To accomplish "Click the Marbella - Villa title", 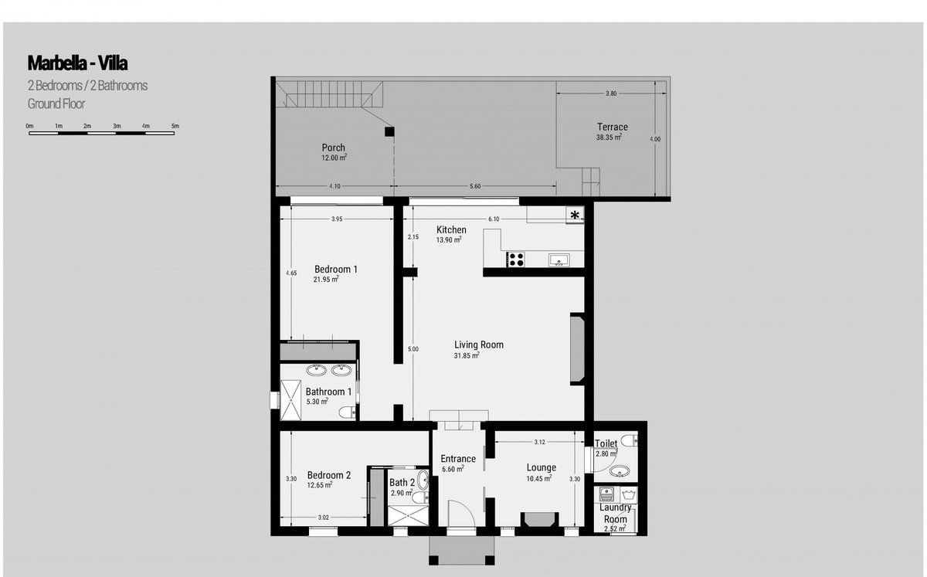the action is pyautogui.click(x=77, y=63).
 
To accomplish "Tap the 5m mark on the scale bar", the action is pyautogui.click(x=175, y=126).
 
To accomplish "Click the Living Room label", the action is pyautogui.click(x=479, y=345).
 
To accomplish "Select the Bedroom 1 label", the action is pyautogui.click(x=335, y=269).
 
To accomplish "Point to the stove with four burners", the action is pyautogui.click(x=516, y=260).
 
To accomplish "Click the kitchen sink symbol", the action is pyautogui.click(x=559, y=260).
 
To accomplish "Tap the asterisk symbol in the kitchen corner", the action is pyautogui.click(x=575, y=215).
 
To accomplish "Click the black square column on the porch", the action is pyautogui.click(x=389, y=131).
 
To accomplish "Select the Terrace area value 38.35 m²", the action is pyautogui.click(x=609, y=137).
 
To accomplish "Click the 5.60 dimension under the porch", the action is pyautogui.click(x=475, y=186).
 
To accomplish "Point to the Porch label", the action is pyautogui.click(x=333, y=148).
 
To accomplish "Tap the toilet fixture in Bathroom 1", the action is pyautogui.click(x=347, y=412).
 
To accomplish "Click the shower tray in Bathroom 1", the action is pyautogui.click(x=291, y=400).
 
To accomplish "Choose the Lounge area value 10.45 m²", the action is pyautogui.click(x=539, y=478).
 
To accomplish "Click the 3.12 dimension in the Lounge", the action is pyautogui.click(x=540, y=442).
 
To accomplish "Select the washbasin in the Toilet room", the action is pyautogui.click(x=620, y=471).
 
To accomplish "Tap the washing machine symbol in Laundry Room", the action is pyautogui.click(x=629, y=494).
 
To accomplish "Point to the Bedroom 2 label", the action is pyautogui.click(x=328, y=475).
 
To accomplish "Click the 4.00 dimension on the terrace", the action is pyautogui.click(x=655, y=139).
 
